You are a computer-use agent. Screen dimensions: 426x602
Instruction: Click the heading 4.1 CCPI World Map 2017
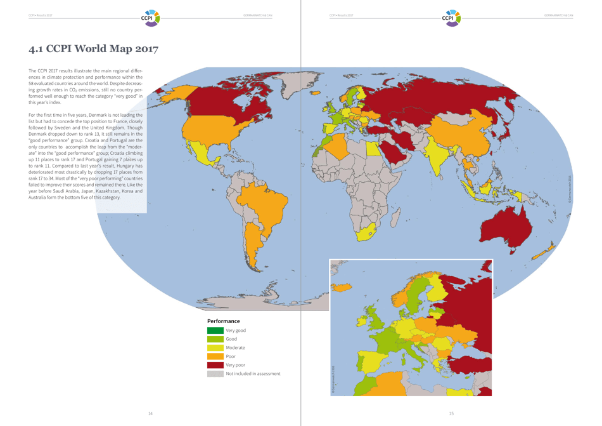coord(93,49)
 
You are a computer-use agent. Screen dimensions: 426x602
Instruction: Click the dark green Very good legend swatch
coord(215,330)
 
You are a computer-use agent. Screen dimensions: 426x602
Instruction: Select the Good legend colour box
coord(215,339)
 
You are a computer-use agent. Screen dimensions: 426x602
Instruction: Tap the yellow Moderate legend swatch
coord(215,348)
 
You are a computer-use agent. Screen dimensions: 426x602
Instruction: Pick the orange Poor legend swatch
coord(215,356)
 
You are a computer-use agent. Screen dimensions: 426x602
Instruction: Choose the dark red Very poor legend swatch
coord(215,365)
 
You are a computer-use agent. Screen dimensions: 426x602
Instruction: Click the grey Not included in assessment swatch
coord(215,374)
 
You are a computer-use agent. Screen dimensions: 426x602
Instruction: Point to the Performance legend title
coord(223,321)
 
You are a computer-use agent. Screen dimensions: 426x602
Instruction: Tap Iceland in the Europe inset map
coord(342,288)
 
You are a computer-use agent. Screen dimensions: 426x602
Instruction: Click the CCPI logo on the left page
coord(150,17)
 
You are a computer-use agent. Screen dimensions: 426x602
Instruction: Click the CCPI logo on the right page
coord(451,17)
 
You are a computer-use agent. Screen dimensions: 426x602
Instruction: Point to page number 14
coord(150,414)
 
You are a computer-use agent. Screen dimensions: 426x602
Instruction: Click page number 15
coord(451,414)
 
